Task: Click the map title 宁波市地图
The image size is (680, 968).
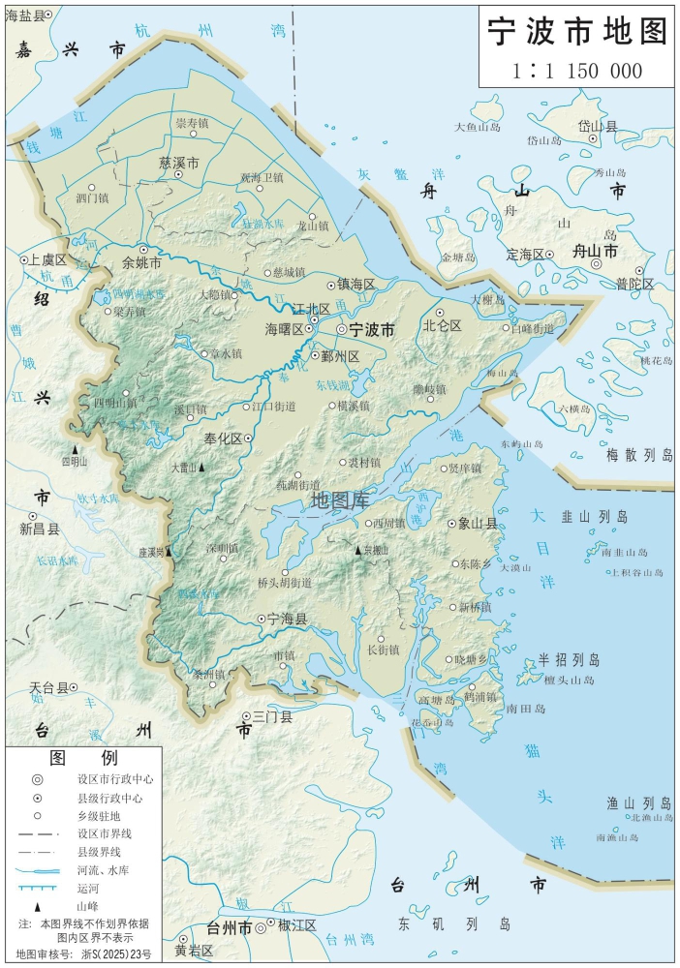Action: (x=577, y=31)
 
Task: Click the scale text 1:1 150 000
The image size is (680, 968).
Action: (x=577, y=71)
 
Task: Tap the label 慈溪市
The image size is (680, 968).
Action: (x=179, y=164)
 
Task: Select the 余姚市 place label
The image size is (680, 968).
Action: (x=142, y=262)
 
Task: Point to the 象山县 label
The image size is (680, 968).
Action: (x=478, y=524)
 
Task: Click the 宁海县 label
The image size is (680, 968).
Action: (x=287, y=619)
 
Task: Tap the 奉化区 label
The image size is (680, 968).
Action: (x=222, y=439)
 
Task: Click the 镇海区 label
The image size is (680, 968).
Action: (x=355, y=284)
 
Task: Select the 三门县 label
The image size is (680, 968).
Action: (x=272, y=717)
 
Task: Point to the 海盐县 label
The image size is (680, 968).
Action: (x=25, y=14)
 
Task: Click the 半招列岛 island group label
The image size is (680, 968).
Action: (x=570, y=660)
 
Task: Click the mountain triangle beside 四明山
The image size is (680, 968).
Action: (x=74, y=449)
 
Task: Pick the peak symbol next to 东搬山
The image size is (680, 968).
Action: (x=357, y=551)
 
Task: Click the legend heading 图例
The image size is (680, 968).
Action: (x=83, y=757)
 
